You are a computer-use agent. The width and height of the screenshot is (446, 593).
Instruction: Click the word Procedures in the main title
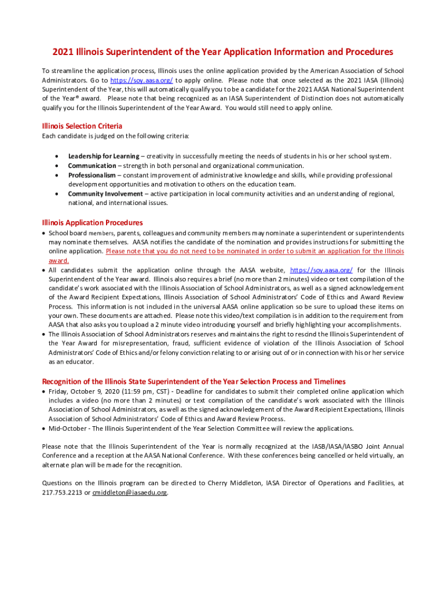[364, 52]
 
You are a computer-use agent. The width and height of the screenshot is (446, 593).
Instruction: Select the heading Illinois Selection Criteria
[82, 126]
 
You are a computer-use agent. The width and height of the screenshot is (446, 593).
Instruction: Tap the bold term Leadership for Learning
[104, 156]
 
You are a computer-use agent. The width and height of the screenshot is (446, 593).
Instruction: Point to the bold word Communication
[92, 166]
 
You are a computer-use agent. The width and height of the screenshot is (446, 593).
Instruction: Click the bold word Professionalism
[92, 175]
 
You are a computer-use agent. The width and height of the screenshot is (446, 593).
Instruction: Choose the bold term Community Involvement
[105, 194]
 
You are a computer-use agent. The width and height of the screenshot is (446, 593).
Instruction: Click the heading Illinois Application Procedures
[93, 222]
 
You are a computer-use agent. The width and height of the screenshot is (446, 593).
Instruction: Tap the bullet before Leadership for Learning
[56, 156]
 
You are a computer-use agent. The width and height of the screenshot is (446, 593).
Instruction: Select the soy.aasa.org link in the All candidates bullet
[321, 270]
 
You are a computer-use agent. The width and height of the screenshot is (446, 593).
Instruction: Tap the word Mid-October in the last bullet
[63, 429]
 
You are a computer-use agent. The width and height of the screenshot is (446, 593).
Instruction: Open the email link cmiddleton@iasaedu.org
[130, 492]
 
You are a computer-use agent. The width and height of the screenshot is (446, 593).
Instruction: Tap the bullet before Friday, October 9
[44, 391]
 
